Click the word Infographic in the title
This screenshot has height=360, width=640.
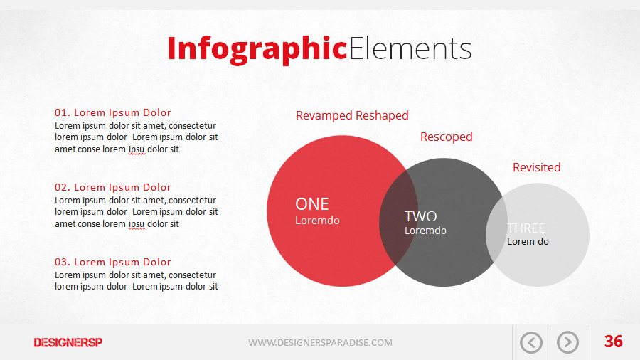click(x=257, y=48)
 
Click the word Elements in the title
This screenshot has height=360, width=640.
click(x=410, y=48)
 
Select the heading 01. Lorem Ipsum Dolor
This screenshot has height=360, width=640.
click(x=113, y=112)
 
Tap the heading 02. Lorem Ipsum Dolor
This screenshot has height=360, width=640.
click(x=113, y=187)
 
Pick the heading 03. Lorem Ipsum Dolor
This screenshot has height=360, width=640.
click(x=113, y=262)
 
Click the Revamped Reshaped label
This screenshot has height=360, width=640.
click(x=352, y=115)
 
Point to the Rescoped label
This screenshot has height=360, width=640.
click(x=446, y=137)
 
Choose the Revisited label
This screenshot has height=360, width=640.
click(x=536, y=167)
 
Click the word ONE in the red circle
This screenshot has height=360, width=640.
click(x=312, y=204)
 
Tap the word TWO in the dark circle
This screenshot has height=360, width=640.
click(x=421, y=216)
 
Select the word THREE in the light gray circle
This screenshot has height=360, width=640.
click(x=526, y=228)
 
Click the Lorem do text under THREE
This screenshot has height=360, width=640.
click(x=528, y=242)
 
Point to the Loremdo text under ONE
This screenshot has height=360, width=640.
click(x=317, y=221)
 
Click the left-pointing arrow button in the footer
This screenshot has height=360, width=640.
click(x=531, y=343)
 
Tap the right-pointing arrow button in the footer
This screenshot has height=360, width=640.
click(x=567, y=343)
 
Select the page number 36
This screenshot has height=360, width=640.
click(x=613, y=342)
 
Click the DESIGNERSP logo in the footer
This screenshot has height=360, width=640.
click(x=68, y=343)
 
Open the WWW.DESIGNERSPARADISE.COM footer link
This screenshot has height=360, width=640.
click(x=320, y=343)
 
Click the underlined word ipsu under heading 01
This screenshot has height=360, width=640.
click(x=137, y=149)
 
